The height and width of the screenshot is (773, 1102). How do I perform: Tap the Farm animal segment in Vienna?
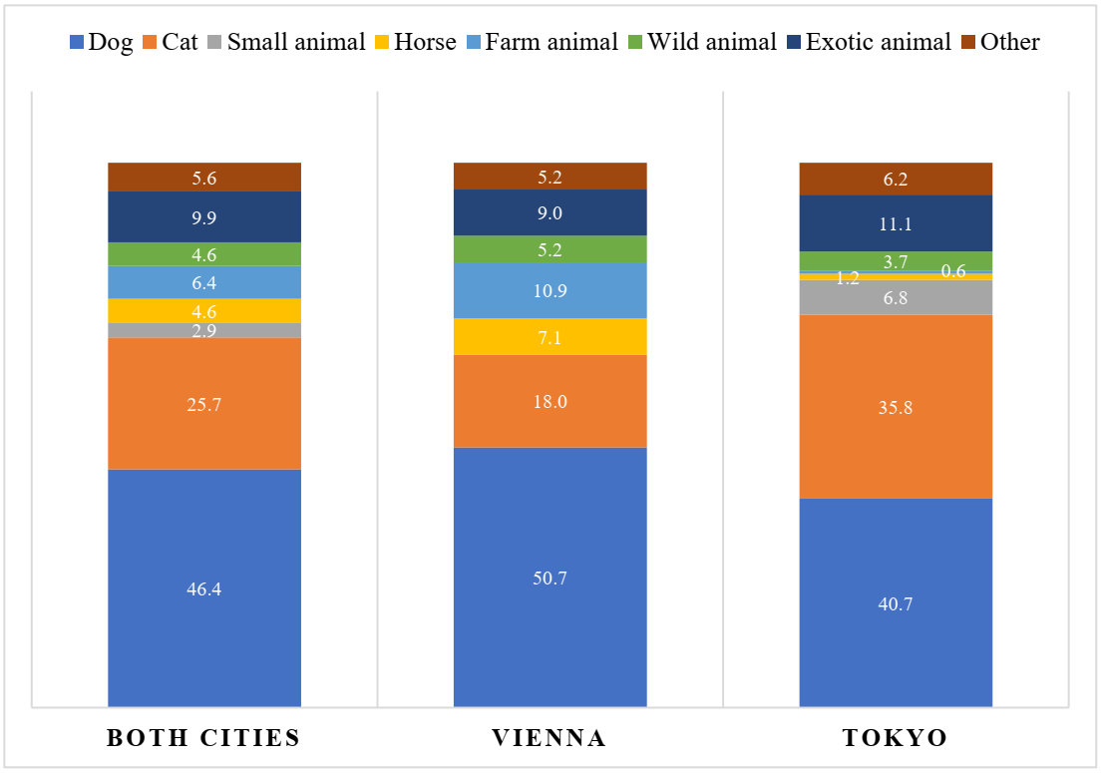pos(550,290)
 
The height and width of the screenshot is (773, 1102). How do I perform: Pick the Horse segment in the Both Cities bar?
pos(204,310)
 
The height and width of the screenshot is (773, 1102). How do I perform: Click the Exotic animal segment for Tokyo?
pos(896,222)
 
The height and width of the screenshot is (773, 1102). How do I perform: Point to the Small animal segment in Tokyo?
pos(896,297)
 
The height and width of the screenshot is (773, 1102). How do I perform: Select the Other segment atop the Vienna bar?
pos(550,177)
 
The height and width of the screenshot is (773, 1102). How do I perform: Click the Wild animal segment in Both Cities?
pos(204,254)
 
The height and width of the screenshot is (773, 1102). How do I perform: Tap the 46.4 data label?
pos(204,589)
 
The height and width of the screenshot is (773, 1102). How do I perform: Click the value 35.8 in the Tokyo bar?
pos(896,407)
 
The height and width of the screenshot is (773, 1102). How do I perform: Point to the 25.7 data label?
pos(204,405)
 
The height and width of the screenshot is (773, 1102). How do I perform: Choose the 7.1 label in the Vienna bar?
pos(550,338)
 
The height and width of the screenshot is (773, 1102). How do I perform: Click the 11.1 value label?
pos(896,224)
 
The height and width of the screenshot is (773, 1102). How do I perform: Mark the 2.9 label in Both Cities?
pos(204,331)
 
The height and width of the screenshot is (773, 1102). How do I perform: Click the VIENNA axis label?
pos(550,739)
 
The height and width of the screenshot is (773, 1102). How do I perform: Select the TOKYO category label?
pos(896,739)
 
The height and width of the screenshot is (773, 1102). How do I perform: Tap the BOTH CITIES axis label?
pos(203,739)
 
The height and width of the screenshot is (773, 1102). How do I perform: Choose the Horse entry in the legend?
pos(414,42)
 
